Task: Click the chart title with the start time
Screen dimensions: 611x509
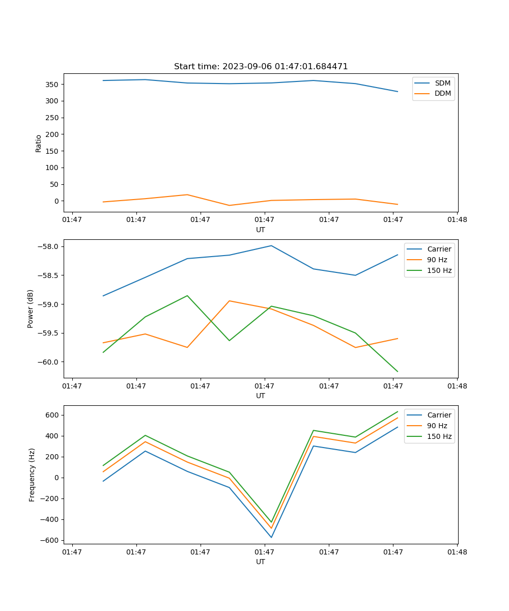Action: coord(261,67)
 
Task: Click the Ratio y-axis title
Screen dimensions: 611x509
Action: coord(39,143)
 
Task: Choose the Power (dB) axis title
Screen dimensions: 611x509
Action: coord(31,309)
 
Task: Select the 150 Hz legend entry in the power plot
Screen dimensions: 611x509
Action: coord(439,270)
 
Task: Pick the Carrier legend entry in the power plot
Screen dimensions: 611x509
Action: coord(439,249)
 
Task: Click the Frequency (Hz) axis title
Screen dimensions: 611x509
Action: coord(32,475)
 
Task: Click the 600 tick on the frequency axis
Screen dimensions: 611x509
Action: coord(53,415)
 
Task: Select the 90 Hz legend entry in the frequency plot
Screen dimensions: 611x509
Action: coord(437,426)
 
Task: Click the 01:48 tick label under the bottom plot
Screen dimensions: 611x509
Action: coord(457,551)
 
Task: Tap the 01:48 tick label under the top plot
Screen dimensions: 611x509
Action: coord(457,219)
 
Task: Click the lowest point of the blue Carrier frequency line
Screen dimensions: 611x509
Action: coord(271,537)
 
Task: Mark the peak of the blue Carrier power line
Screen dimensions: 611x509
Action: coord(271,245)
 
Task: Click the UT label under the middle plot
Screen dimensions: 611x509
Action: coord(261,396)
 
